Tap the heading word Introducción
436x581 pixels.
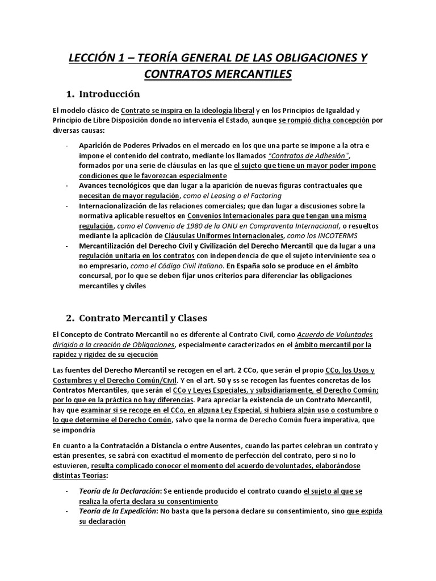110,94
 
